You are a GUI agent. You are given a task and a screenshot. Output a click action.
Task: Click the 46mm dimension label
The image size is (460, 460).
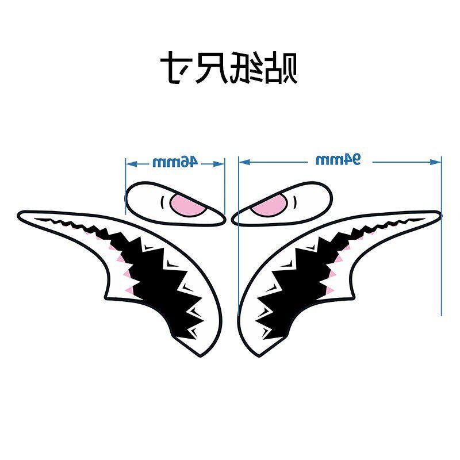(175, 162)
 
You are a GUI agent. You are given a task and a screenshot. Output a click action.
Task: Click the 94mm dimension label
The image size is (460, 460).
(338, 160)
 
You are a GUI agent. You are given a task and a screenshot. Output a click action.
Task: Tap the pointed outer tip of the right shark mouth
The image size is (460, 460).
(439, 215)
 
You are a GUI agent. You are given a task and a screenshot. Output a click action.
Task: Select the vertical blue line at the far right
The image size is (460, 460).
(441, 241)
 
